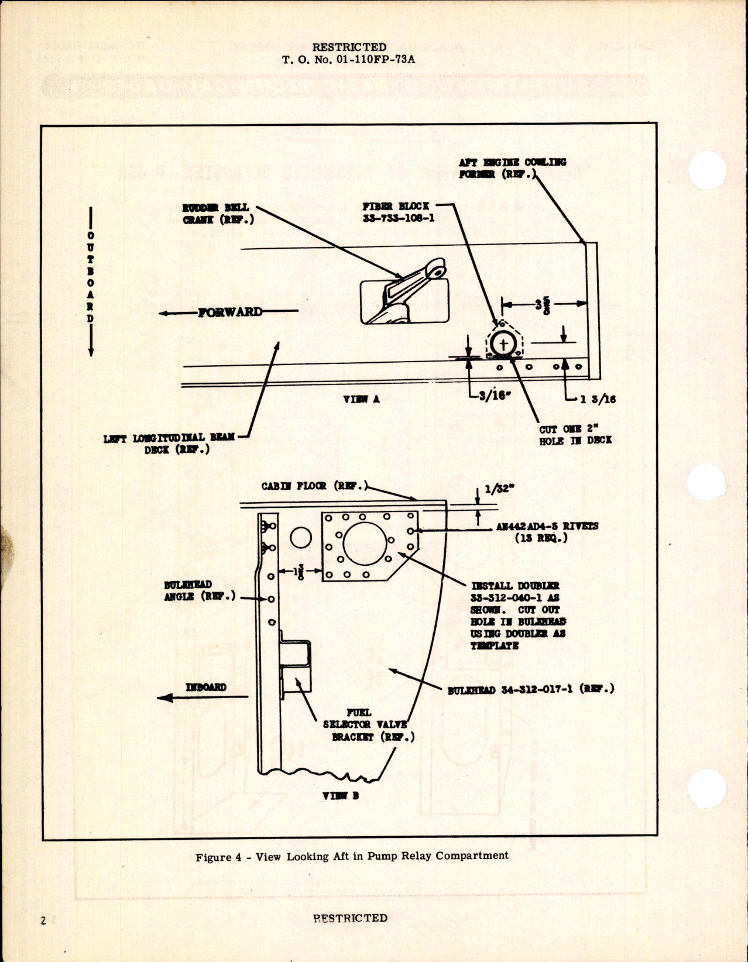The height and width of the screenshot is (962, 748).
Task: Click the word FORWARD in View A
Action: pos(230,312)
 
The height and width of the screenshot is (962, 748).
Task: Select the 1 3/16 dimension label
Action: pos(598,400)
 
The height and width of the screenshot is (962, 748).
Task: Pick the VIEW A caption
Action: pos(361,399)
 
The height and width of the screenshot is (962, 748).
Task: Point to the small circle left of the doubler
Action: pos(300,537)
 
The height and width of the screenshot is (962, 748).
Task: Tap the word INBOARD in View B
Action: pos(206,687)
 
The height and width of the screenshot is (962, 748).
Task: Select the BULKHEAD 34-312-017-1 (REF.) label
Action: pos(530,690)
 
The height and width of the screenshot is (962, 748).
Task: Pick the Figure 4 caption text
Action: pos(352,856)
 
